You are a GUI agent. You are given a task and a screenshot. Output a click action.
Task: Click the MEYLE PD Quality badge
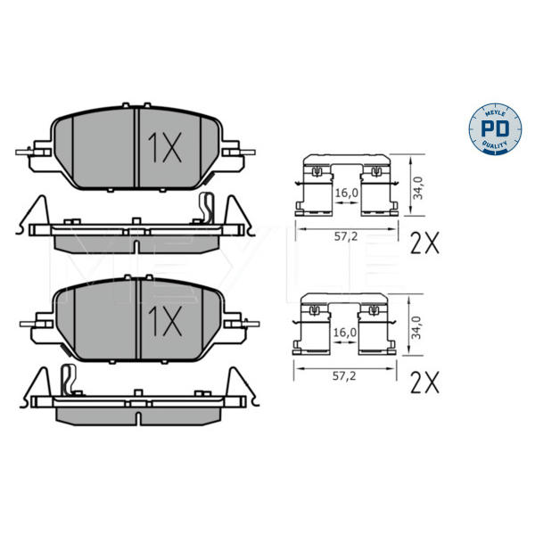pyautogui.click(x=495, y=129)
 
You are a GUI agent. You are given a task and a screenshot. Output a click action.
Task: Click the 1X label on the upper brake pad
pyautogui.click(x=164, y=147)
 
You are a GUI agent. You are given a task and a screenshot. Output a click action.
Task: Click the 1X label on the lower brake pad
pyautogui.click(x=165, y=320)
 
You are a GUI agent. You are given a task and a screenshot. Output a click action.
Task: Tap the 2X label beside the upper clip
pyautogui.click(x=424, y=243)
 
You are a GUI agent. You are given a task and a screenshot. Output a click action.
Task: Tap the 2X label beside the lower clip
pyautogui.click(x=424, y=383)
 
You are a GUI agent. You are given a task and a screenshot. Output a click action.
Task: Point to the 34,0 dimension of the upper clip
pyautogui.click(x=417, y=187)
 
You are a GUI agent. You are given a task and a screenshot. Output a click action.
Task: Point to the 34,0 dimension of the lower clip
pyautogui.click(x=416, y=327)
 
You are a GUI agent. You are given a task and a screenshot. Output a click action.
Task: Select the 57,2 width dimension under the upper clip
pyautogui.click(x=346, y=236)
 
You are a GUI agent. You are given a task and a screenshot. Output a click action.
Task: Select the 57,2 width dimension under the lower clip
pyautogui.click(x=344, y=376)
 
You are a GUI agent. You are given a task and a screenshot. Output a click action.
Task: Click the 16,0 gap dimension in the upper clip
pyautogui.click(x=347, y=193)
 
